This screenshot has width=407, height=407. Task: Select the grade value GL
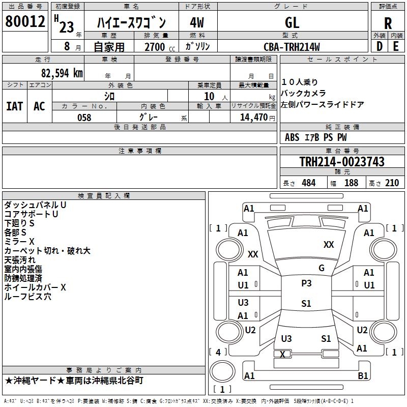point(292,22)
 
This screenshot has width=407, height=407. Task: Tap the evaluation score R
point(388,23)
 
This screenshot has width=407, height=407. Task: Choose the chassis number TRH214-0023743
point(342,162)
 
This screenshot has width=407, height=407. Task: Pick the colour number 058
point(84,118)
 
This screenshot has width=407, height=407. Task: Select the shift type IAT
point(14,106)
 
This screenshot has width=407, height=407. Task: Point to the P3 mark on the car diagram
point(306,283)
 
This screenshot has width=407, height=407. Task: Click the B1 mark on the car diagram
point(363,376)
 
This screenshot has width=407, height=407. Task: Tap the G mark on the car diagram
point(322,268)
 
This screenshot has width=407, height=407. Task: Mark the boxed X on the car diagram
point(283,354)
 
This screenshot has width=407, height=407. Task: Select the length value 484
point(308,183)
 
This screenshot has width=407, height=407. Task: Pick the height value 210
point(392,183)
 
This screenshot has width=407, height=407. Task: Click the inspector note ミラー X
point(19,241)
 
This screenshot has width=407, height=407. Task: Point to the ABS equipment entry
point(292,137)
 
